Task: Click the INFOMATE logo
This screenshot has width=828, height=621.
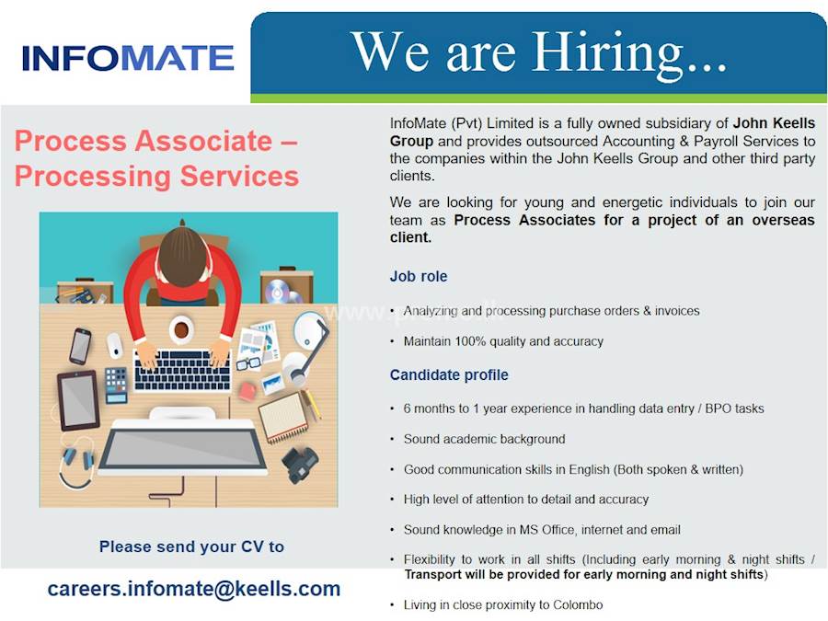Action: [x=128, y=58]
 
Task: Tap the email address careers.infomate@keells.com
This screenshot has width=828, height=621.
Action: [x=194, y=589]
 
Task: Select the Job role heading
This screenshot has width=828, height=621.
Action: [x=419, y=276]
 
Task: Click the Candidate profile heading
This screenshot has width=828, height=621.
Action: [x=449, y=374]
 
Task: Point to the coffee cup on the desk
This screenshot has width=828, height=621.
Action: [x=181, y=328]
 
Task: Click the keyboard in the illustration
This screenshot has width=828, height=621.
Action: [x=181, y=369]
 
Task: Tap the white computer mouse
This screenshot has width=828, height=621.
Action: [x=115, y=345]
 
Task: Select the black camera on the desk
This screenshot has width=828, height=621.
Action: [x=299, y=462]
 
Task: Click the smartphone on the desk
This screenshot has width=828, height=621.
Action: [x=81, y=345]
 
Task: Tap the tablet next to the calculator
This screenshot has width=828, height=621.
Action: [x=78, y=400]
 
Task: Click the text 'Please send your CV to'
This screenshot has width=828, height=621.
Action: [x=191, y=546]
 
